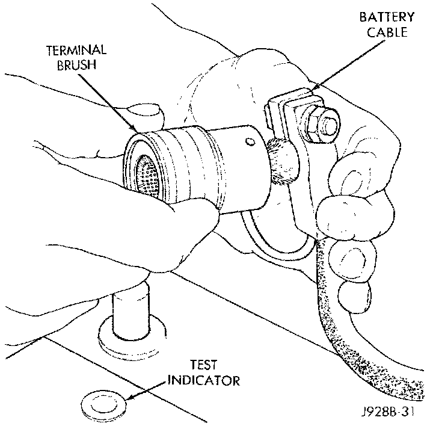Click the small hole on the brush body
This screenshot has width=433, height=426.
click(247, 142)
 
